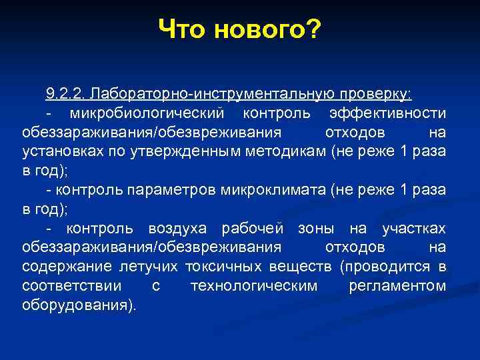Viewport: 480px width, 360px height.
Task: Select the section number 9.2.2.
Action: (66, 91)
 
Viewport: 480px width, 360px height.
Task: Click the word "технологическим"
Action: (254, 287)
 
